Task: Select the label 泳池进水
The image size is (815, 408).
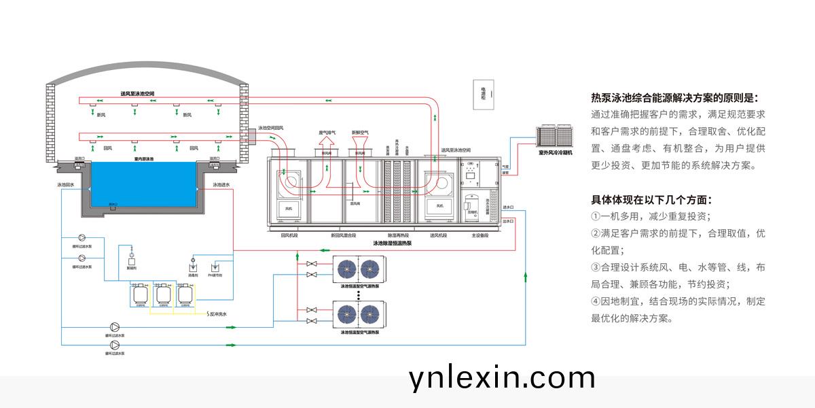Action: point(222,184)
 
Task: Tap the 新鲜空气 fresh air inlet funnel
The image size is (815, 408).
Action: point(360,143)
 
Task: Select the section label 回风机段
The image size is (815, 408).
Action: point(290,235)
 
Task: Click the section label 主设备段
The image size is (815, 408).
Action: point(481,235)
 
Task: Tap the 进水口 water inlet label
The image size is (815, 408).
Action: point(509,207)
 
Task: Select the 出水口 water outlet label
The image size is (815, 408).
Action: point(509,221)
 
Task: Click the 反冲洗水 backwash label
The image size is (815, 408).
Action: point(217,314)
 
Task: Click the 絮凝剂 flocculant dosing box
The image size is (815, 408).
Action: point(132,260)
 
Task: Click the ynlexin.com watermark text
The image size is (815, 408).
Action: point(502,378)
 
